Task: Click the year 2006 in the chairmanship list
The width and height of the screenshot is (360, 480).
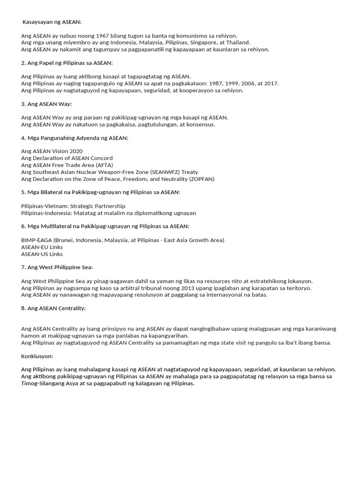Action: point(243,83)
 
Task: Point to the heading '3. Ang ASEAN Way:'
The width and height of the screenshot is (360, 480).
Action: point(46,104)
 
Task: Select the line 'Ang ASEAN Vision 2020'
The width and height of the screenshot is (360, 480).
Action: point(52,151)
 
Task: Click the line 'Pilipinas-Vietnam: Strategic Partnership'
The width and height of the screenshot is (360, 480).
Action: point(73,206)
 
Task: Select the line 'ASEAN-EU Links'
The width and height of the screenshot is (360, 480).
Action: point(42,247)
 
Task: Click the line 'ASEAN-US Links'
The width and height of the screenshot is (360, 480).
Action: point(42,254)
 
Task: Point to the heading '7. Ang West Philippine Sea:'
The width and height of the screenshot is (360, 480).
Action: point(57,267)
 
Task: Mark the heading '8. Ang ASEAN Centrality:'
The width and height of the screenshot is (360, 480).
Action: point(53,308)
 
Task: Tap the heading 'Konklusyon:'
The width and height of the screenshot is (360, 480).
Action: point(37,356)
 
